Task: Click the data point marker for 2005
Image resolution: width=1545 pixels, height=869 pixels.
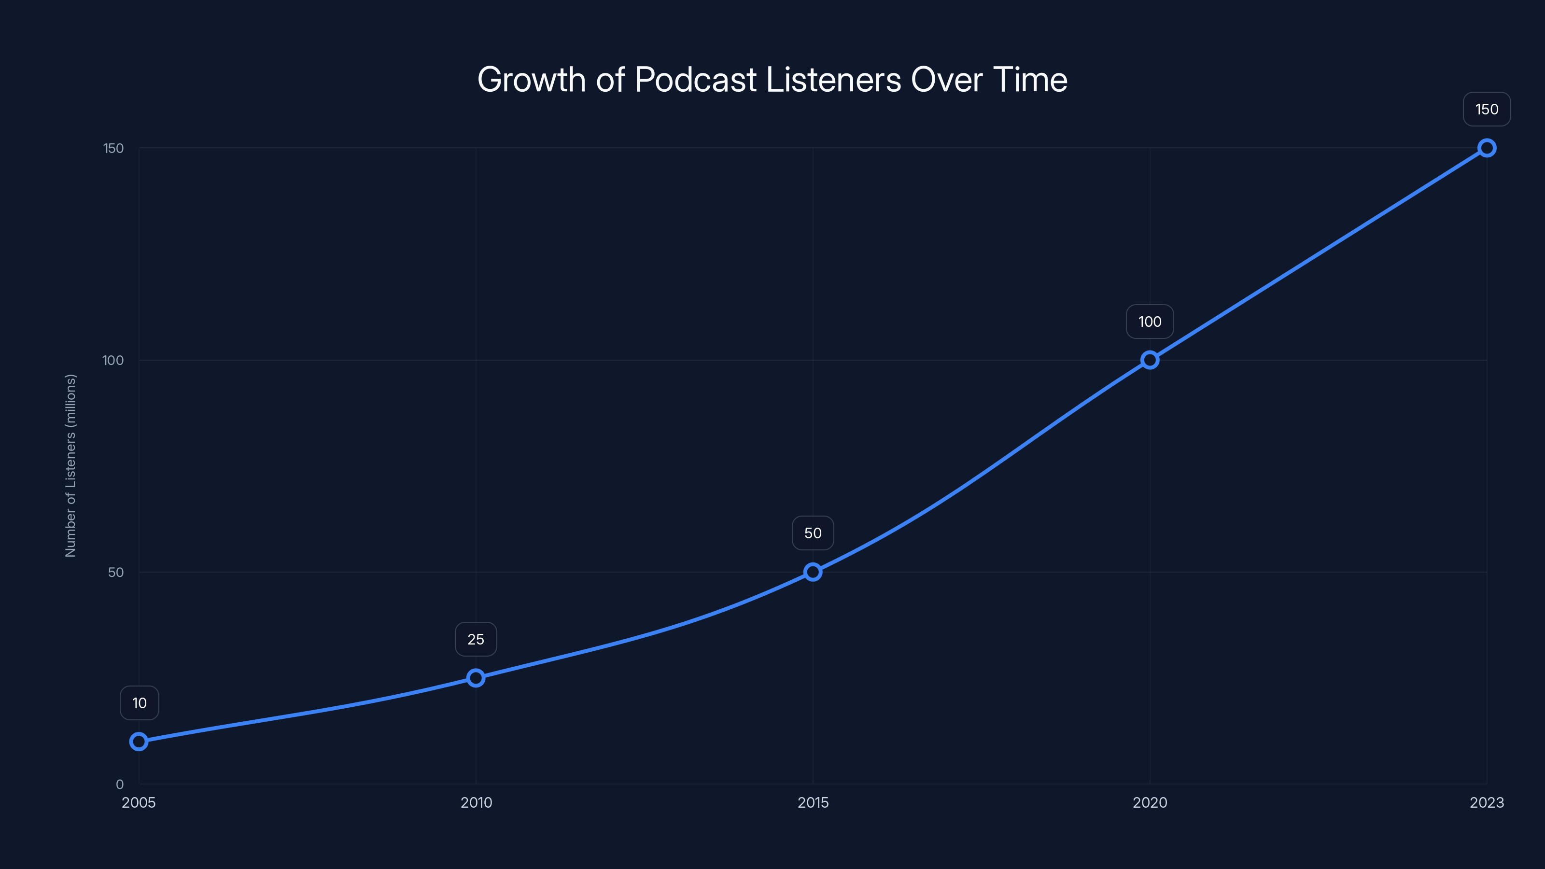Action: [139, 742]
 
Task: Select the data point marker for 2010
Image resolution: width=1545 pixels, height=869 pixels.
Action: [476, 678]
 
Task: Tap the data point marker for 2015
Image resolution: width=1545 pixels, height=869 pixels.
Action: [813, 572]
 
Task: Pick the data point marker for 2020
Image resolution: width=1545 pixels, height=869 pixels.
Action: [1150, 360]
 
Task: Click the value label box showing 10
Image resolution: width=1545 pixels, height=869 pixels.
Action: [139, 703]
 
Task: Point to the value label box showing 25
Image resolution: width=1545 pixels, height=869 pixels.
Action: [476, 639]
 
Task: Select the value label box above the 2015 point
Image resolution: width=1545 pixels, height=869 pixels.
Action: [813, 533]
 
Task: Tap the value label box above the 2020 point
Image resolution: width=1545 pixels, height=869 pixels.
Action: [1150, 322]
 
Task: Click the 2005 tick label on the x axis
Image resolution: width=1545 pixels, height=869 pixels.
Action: [139, 802]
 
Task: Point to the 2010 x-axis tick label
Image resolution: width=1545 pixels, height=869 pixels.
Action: [476, 802]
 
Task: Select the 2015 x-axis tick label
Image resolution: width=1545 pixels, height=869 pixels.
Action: [813, 802]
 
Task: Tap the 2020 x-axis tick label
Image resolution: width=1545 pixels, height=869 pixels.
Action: [1150, 802]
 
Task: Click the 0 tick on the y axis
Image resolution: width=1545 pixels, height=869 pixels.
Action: [119, 785]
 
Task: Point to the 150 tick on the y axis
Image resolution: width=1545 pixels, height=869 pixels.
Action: [113, 148]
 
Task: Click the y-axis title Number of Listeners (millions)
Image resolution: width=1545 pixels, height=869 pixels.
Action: [71, 466]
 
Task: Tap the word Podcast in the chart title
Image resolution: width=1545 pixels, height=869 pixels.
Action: [695, 80]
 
